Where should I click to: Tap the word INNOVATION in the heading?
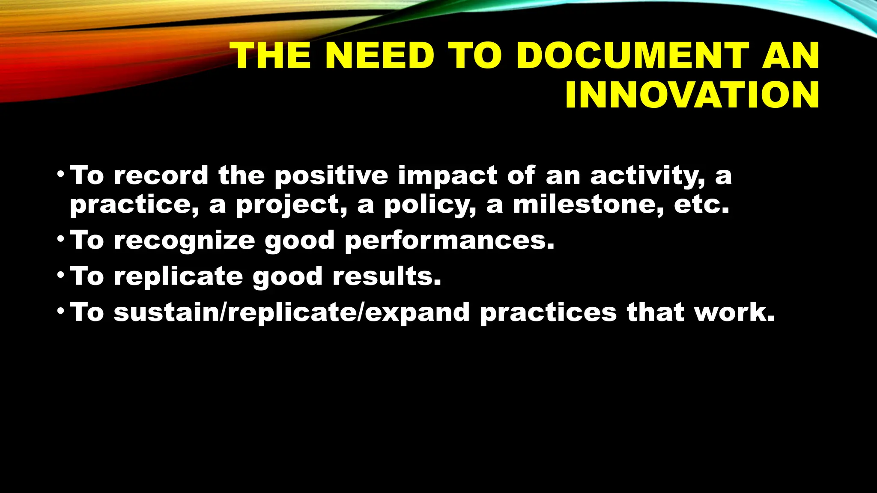pyautogui.click(x=692, y=95)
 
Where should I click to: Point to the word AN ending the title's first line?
pyautogui.click(x=790, y=56)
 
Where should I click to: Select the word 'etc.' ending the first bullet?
pyautogui.click(x=701, y=205)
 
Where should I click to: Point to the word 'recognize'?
pyautogui.click(x=184, y=241)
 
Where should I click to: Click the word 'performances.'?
pyautogui.click(x=450, y=241)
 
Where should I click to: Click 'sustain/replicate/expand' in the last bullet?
pyautogui.click(x=292, y=313)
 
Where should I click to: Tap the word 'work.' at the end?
pyautogui.click(x=734, y=312)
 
